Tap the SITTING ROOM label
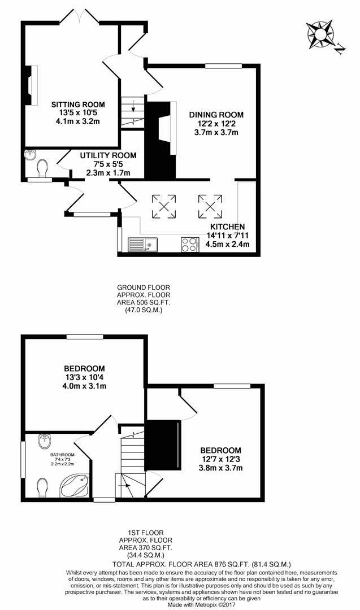click(x=78, y=104)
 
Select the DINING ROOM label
click(x=216, y=115)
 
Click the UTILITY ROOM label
click(x=108, y=156)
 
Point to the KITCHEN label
click(x=228, y=227)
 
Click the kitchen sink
click(x=142, y=245)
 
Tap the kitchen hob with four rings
click(x=189, y=245)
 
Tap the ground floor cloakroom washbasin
click(x=30, y=155)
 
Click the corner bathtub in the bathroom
click(x=75, y=486)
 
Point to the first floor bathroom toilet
click(x=43, y=487)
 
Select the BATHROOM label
click(x=62, y=454)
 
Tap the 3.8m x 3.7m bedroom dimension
click(x=220, y=468)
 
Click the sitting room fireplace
click(x=32, y=85)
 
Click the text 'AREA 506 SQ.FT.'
click(x=144, y=302)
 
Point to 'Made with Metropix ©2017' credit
click(x=202, y=605)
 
